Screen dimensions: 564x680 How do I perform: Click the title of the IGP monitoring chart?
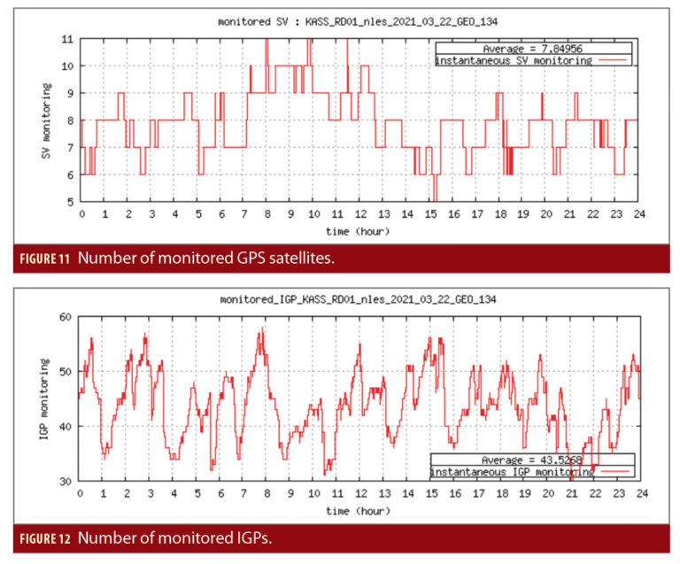click(357, 300)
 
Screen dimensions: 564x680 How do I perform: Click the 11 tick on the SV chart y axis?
click(68, 39)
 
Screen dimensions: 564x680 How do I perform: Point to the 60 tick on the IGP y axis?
click(65, 317)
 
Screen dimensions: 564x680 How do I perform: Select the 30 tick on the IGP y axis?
click(65, 482)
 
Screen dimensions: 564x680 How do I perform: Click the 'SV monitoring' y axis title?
click(46, 121)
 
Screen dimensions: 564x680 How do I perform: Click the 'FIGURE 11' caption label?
click(50, 258)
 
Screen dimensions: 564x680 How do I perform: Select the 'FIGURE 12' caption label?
click(50, 537)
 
